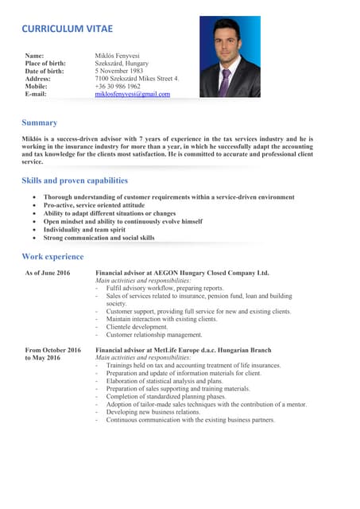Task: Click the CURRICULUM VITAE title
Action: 67,29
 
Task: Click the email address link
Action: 132,94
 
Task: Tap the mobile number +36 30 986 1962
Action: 118,86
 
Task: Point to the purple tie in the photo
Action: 226,80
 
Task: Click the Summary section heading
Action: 39,122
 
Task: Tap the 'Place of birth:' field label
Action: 45,63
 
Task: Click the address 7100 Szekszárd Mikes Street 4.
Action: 137,79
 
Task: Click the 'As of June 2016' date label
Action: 48,273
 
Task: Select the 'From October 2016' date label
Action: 53,350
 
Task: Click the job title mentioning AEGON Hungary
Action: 182,273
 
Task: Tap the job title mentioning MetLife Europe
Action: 183,350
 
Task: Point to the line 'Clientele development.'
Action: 137,327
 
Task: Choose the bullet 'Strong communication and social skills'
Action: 99,237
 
